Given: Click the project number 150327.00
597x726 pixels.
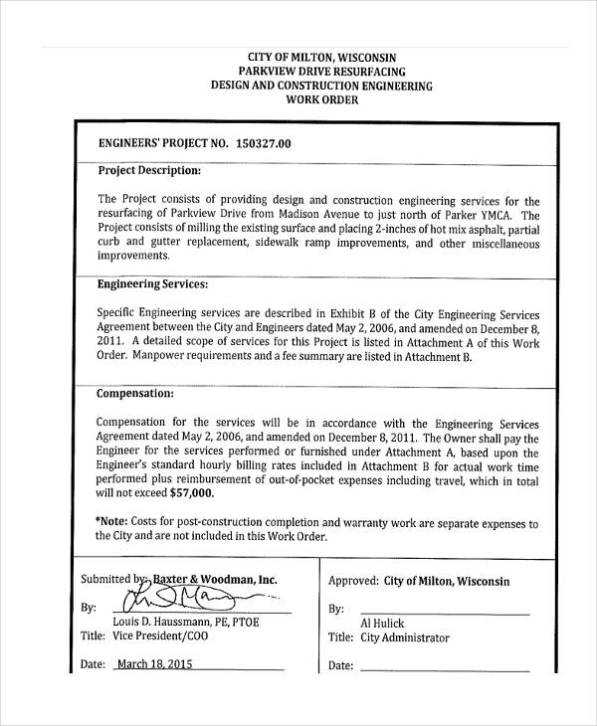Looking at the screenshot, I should tap(264, 143).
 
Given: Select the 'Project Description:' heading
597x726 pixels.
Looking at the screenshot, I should tap(149, 170).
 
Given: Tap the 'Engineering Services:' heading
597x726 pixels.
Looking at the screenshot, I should tap(152, 284).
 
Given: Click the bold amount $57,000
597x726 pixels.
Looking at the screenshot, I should tap(191, 491).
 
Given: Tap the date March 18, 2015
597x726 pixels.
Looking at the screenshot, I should tap(155, 665).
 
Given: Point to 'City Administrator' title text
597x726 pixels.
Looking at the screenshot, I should tap(405, 638).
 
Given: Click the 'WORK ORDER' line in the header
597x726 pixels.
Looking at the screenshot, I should tap(321, 100).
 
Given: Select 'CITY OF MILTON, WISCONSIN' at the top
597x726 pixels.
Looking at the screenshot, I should tap(321, 57).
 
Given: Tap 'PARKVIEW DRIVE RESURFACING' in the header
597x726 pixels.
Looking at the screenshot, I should tap(321, 72).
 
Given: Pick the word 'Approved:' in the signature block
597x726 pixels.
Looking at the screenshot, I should tap(352, 581).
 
